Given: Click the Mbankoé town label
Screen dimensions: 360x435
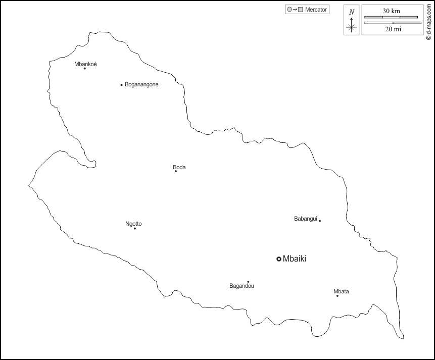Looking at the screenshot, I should pyautogui.click(x=85, y=64).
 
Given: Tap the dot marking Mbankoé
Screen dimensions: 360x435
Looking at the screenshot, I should pyautogui.click(x=84, y=68).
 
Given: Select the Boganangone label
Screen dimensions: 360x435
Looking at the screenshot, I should pyautogui.click(x=141, y=84).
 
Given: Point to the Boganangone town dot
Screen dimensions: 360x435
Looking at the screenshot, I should pyautogui.click(x=121, y=85).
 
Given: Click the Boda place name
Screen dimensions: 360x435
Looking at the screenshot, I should pyautogui.click(x=179, y=167).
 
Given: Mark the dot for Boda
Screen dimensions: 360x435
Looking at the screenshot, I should pyautogui.click(x=176, y=171).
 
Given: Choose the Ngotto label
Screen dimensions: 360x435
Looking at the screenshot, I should pyautogui.click(x=133, y=224).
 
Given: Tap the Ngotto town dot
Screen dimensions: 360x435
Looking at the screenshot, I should pyautogui.click(x=135, y=229).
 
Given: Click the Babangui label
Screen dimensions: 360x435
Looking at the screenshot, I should pyautogui.click(x=306, y=219).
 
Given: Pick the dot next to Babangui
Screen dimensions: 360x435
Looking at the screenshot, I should pyautogui.click(x=320, y=221).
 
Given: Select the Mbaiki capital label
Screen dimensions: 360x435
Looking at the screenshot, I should pyautogui.click(x=295, y=259).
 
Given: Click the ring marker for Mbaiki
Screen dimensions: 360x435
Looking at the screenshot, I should pyautogui.click(x=278, y=259).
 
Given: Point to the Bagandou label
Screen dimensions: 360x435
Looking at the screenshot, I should pyautogui.click(x=241, y=286).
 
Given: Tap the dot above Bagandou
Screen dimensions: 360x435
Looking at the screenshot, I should pyautogui.click(x=248, y=282).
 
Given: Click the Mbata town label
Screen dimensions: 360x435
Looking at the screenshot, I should pyautogui.click(x=341, y=291).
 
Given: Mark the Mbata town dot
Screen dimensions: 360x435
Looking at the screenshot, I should pyautogui.click(x=337, y=295).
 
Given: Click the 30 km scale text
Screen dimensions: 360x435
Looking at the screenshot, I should pyautogui.click(x=392, y=11).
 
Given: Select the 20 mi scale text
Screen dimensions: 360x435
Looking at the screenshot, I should pyautogui.click(x=393, y=29).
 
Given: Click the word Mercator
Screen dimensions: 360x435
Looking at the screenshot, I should pyautogui.click(x=316, y=10).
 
